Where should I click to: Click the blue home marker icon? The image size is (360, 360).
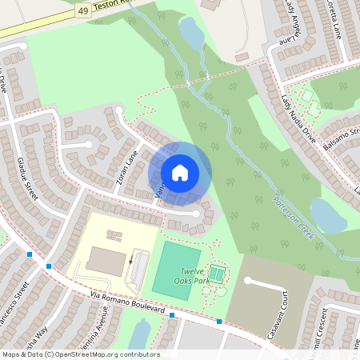(180, 172)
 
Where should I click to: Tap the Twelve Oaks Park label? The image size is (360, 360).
(202, 276)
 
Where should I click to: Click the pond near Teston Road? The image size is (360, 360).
(191, 33)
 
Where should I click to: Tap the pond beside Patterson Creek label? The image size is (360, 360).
(328, 215)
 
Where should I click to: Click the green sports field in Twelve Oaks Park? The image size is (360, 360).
(176, 270)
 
